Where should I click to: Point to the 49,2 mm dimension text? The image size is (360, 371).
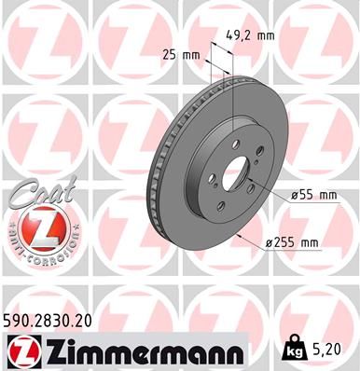249,36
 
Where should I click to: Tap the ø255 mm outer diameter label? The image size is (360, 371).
292,243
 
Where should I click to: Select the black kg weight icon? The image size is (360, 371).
297,350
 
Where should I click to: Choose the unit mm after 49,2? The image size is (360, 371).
267,36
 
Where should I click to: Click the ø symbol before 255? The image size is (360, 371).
269,243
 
